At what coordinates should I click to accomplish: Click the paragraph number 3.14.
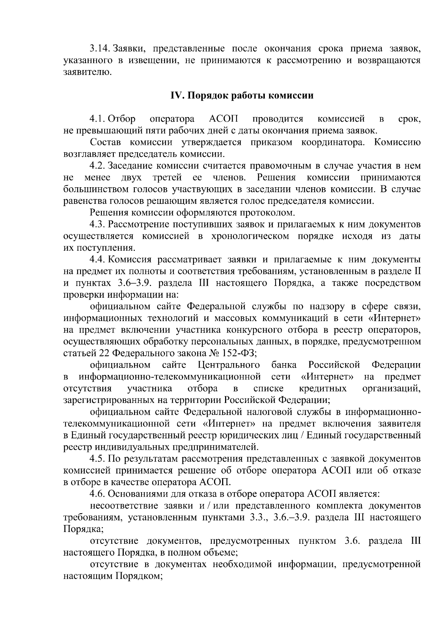point(100,49)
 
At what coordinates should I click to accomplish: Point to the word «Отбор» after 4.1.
point(122,119)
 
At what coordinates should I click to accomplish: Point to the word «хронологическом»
point(250,236)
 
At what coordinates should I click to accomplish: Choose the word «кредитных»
point(323,389)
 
